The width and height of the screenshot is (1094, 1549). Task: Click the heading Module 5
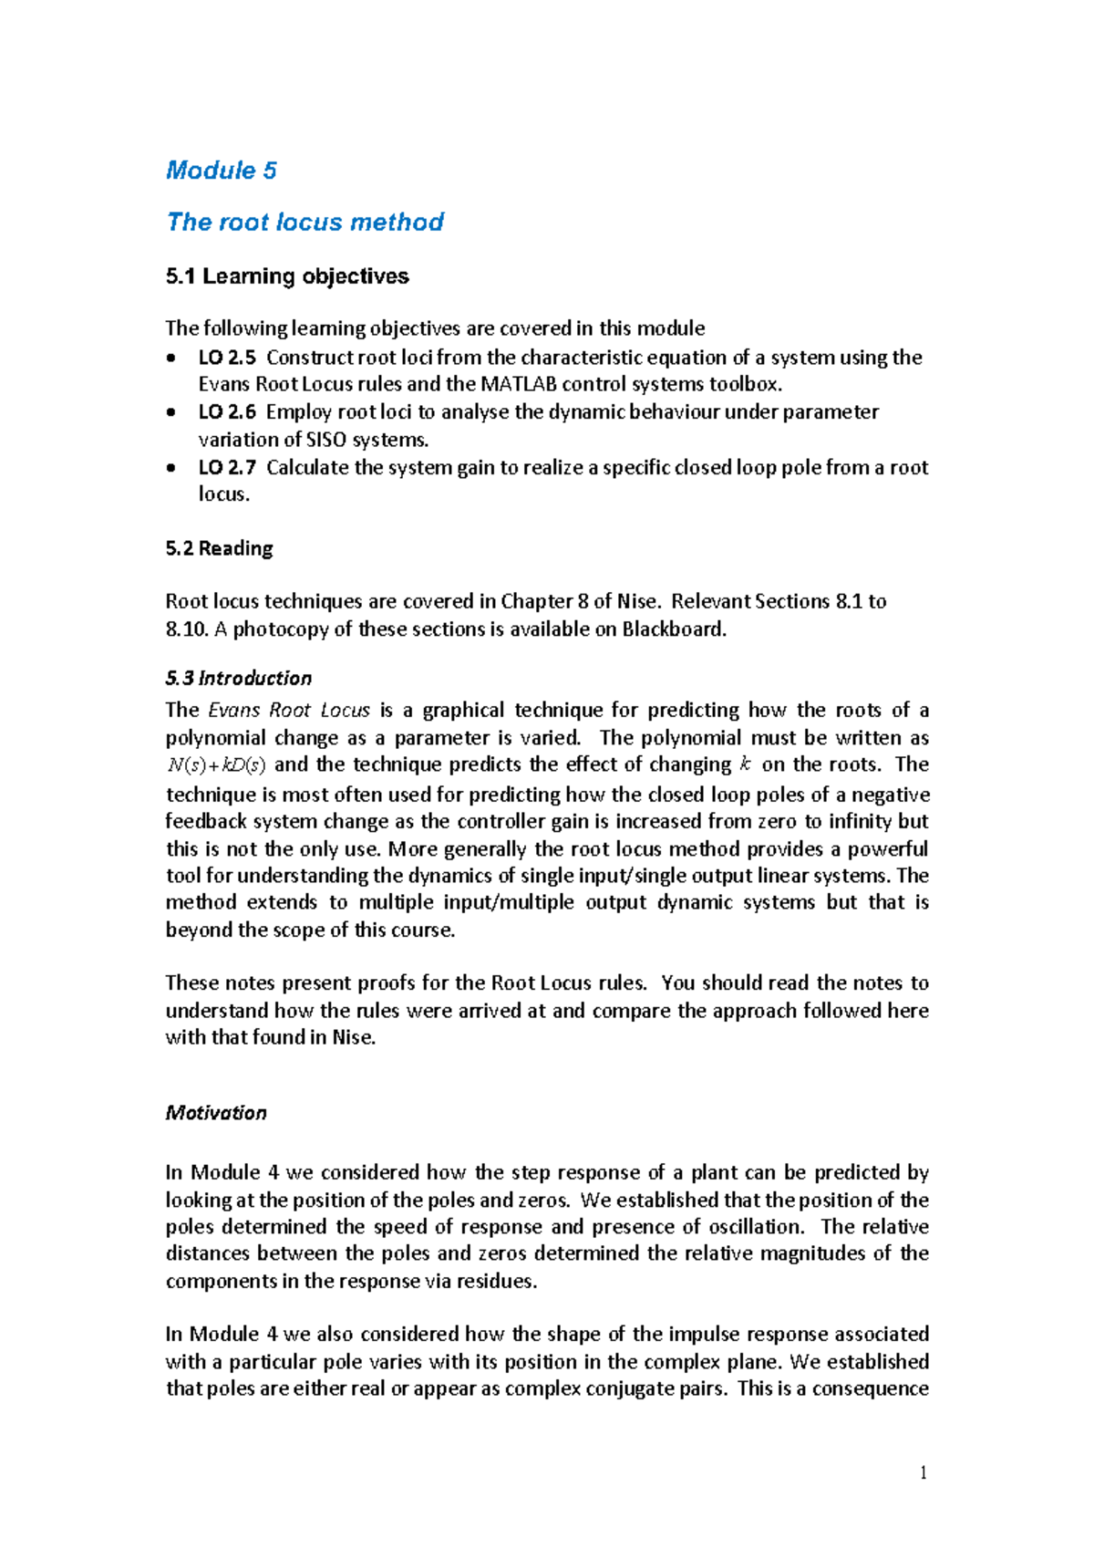point(221,171)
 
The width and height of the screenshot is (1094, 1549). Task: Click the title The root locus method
point(304,222)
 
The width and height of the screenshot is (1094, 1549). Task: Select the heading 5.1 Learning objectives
point(287,276)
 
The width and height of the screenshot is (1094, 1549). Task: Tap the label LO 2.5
point(227,358)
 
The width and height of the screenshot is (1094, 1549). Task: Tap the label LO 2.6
point(227,412)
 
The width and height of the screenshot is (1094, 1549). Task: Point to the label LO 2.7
point(227,468)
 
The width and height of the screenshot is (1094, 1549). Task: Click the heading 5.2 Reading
point(219,548)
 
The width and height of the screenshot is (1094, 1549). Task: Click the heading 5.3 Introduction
point(238,678)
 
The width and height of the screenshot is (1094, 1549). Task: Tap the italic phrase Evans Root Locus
point(289,710)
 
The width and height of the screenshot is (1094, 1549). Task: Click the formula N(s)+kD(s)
point(216,765)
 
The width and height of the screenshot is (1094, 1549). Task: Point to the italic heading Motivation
point(216,1113)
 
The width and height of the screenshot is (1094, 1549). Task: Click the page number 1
point(924,1473)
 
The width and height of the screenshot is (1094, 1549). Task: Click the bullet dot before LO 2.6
point(171,413)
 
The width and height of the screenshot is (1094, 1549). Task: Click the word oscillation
point(756,1227)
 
